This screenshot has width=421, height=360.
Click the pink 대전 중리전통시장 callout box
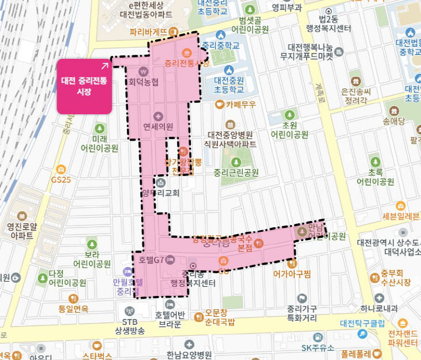[x=84, y=85]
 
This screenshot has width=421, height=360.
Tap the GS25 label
[x=61, y=179]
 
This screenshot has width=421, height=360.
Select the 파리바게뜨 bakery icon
[x=172, y=31]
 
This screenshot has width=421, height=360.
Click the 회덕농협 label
[x=144, y=82]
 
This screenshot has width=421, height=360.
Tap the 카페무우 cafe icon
[x=219, y=104]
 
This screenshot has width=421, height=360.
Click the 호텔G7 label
[x=152, y=260]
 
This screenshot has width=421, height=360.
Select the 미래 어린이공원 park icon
[x=100, y=127]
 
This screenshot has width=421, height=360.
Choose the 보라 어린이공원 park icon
[x=91, y=242]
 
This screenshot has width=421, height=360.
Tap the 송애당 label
[x=394, y=121]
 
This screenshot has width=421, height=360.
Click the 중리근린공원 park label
[x=236, y=172]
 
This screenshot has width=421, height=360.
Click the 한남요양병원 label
[x=189, y=355]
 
